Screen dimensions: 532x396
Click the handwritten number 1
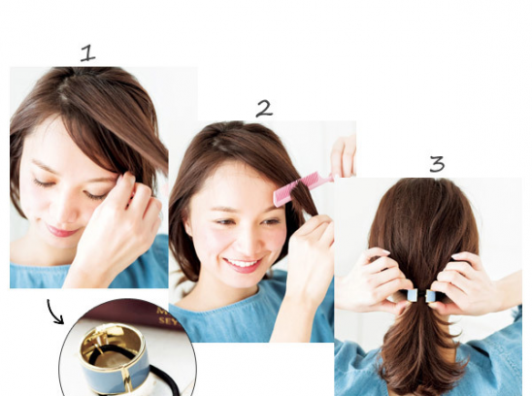pyautogui.click(x=88, y=53)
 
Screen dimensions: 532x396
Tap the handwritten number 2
pyautogui.click(x=264, y=109)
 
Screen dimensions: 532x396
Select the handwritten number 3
pyautogui.click(x=437, y=164)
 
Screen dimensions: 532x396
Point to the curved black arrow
pyautogui.click(x=53, y=312)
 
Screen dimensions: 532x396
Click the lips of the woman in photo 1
pyautogui.click(x=61, y=231)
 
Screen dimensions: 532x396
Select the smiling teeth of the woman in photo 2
pyautogui.click(x=242, y=263)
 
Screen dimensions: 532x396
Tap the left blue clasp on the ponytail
pyautogui.click(x=412, y=296)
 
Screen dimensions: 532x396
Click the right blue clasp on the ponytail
pyautogui.click(x=431, y=296)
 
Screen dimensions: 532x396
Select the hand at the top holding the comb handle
pyautogui.click(x=345, y=157)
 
